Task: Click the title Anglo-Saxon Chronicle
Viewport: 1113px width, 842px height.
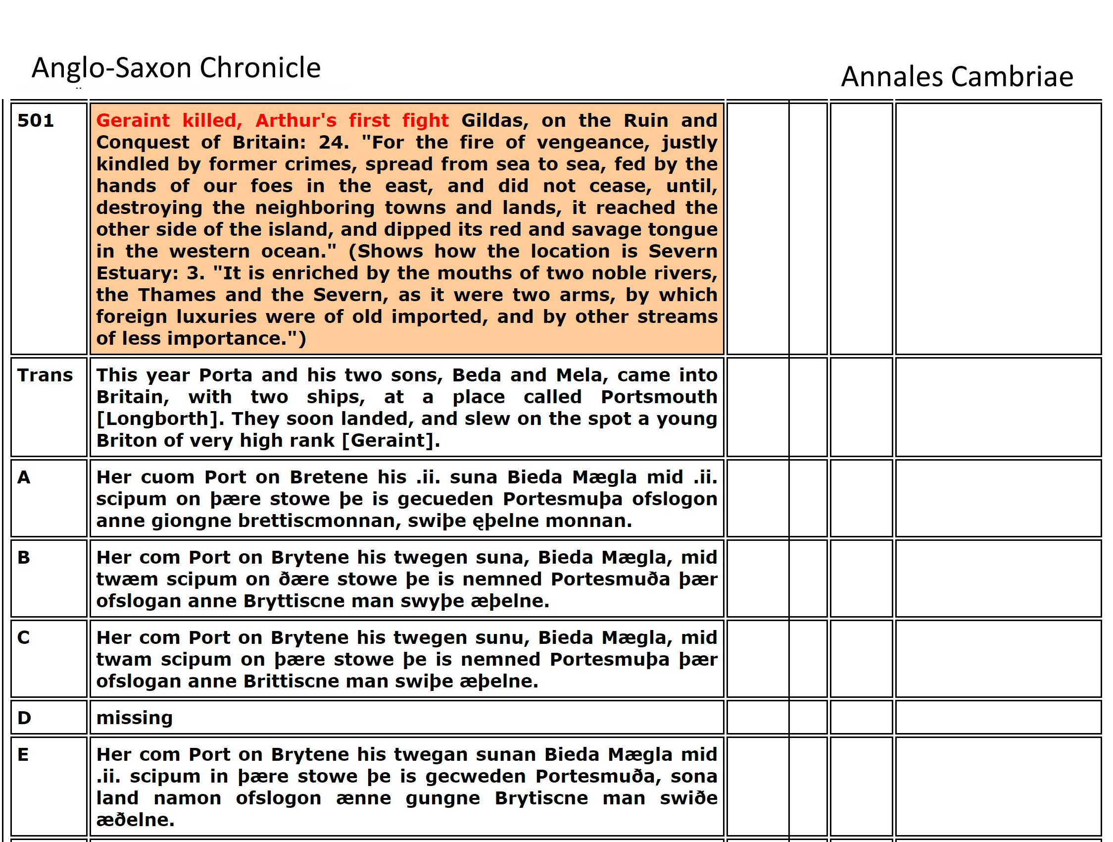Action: [x=176, y=68]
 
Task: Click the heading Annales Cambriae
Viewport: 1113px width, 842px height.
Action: [x=957, y=77]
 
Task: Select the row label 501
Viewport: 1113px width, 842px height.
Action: [x=35, y=121]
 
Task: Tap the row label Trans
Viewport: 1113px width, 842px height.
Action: [x=45, y=375]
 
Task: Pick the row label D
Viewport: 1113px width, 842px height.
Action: [x=24, y=718]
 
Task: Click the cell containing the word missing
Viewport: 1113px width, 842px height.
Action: [x=134, y=718]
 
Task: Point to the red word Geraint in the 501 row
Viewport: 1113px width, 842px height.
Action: [x=133, y=121]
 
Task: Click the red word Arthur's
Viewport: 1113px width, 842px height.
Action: [x=296, y=121]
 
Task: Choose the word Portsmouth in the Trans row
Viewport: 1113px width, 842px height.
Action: [x=659, y=397]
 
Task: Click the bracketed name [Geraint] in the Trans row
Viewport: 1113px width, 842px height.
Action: [x=390, y=441]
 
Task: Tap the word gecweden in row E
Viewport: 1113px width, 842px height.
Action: [x=476, y=777]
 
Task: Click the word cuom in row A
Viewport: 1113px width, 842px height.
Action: [x=169, y=477]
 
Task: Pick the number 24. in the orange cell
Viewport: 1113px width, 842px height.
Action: [x=334, y=143]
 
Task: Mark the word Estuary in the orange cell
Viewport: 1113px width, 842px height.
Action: [x=137, y=273]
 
